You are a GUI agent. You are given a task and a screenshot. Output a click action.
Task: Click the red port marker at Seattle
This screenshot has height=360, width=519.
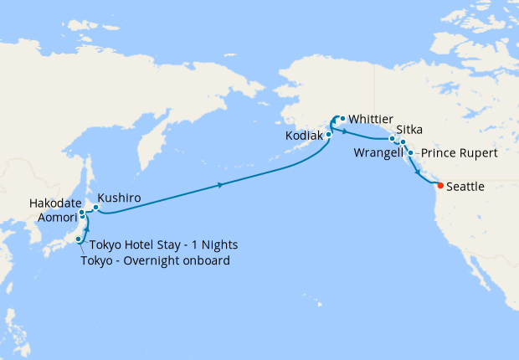click(441, 186)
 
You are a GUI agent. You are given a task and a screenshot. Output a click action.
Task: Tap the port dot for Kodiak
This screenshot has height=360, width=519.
click(329, 134)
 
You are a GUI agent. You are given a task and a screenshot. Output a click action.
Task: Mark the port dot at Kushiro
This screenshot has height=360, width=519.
click(96, 208)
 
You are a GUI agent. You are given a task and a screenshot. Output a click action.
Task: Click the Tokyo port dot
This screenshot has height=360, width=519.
click(79, 240)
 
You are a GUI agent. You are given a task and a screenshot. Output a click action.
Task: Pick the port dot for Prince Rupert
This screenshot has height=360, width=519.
click(410, 153)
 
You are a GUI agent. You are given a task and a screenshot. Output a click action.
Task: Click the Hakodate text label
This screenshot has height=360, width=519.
click(55, 203)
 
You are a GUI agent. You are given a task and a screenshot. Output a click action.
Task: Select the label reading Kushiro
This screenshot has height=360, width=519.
click(118, 198)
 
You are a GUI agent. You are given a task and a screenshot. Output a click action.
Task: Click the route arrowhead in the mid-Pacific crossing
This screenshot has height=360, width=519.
click(220, 185)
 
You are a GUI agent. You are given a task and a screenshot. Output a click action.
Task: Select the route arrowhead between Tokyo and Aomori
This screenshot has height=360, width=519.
click(86, 227)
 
